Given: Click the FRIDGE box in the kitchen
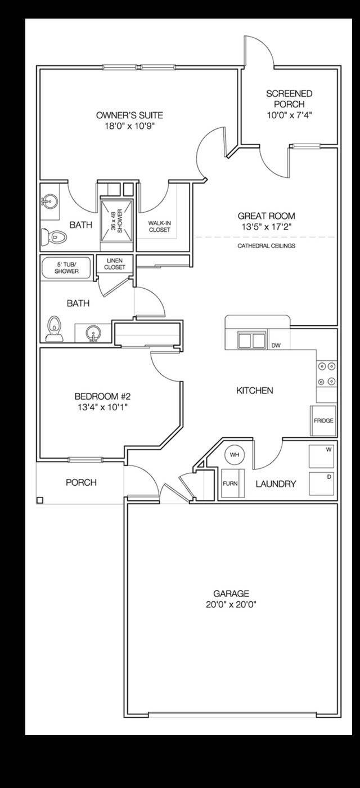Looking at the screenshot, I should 323,420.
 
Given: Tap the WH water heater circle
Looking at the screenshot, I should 233,454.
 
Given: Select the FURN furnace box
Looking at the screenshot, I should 229,483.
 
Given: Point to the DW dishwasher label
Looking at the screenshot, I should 276,346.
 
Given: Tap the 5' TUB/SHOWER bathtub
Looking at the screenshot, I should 67,268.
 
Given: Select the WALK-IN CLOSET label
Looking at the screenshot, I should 159,226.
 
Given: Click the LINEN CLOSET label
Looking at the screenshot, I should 115,263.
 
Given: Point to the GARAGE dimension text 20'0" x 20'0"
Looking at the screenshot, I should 231,605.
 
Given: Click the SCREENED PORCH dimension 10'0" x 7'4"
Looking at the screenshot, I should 289,115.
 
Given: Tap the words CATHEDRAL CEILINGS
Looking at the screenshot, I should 266,246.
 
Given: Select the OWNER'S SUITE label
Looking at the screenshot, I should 130,116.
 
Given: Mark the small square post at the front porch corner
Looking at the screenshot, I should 39,500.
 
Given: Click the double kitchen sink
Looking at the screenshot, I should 251,341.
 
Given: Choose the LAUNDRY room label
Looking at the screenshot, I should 276,483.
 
